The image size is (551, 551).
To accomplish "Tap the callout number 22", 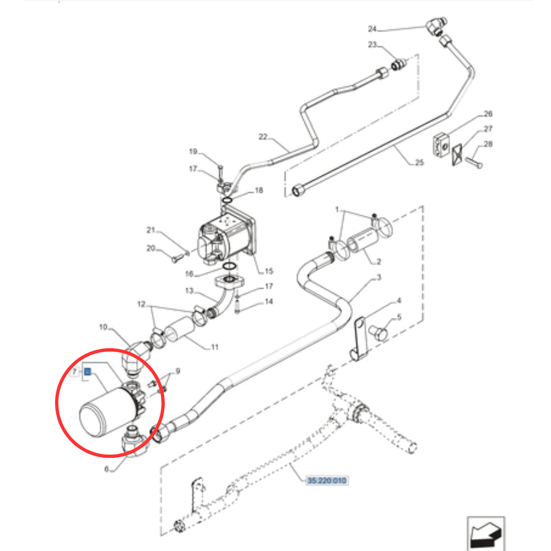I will (262, 136).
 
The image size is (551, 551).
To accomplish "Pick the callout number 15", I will (269, 271).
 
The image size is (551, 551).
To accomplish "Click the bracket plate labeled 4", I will (360, 338).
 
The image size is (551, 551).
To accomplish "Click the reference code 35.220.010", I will (327, 481).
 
